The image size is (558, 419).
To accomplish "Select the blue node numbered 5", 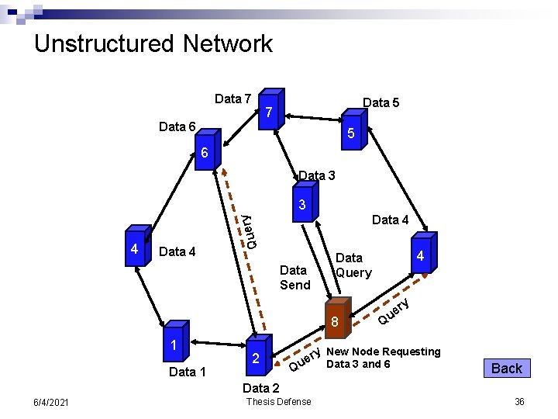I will click(351, 133).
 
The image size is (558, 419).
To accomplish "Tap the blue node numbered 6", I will click(204, 154).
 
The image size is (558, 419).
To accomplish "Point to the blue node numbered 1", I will click(175, 344).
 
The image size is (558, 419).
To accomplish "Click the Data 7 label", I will click(232, 99).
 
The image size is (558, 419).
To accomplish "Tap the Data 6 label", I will click(177, 126).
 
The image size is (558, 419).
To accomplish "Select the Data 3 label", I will click(317, 176).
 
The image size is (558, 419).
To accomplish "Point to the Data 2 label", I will click(261, 388).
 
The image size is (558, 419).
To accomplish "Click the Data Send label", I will click(294, 278).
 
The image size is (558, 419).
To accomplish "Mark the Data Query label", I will click(353, 265).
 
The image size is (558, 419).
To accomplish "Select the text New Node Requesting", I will click(383, 351).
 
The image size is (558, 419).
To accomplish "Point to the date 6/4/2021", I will click(50, 401).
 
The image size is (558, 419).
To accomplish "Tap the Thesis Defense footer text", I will click(278, 401).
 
